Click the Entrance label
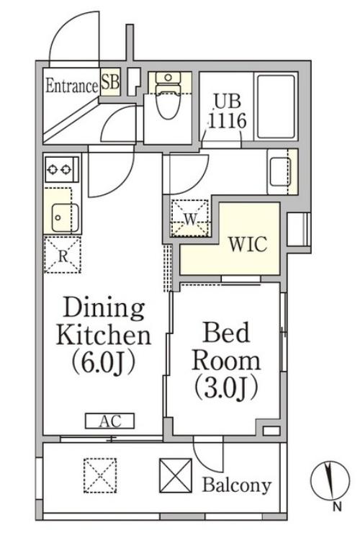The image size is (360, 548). [x=72, y=86]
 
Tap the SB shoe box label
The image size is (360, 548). [x=110, y=83]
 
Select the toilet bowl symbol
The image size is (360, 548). [x=168, y=96]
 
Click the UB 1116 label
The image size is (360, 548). [x=228, y=112]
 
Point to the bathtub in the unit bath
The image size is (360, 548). [x=276, y=107]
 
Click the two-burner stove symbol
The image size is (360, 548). [x=61, y=169]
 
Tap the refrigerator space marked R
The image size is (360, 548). [x=63, y=255]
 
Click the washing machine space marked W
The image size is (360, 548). [x=191, y=218]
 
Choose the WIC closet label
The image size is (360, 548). [x=248, y=244]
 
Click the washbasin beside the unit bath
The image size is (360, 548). [x=280, y=171]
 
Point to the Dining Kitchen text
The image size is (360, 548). [x=104, y=321]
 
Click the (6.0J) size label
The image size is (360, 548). [x=104, y=363]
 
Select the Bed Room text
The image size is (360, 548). [x=227, y=347]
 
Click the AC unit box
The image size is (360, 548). [x=110, y=421]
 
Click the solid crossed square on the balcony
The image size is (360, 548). [x=176, y=476]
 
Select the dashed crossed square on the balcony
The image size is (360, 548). [x=100, y=476]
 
